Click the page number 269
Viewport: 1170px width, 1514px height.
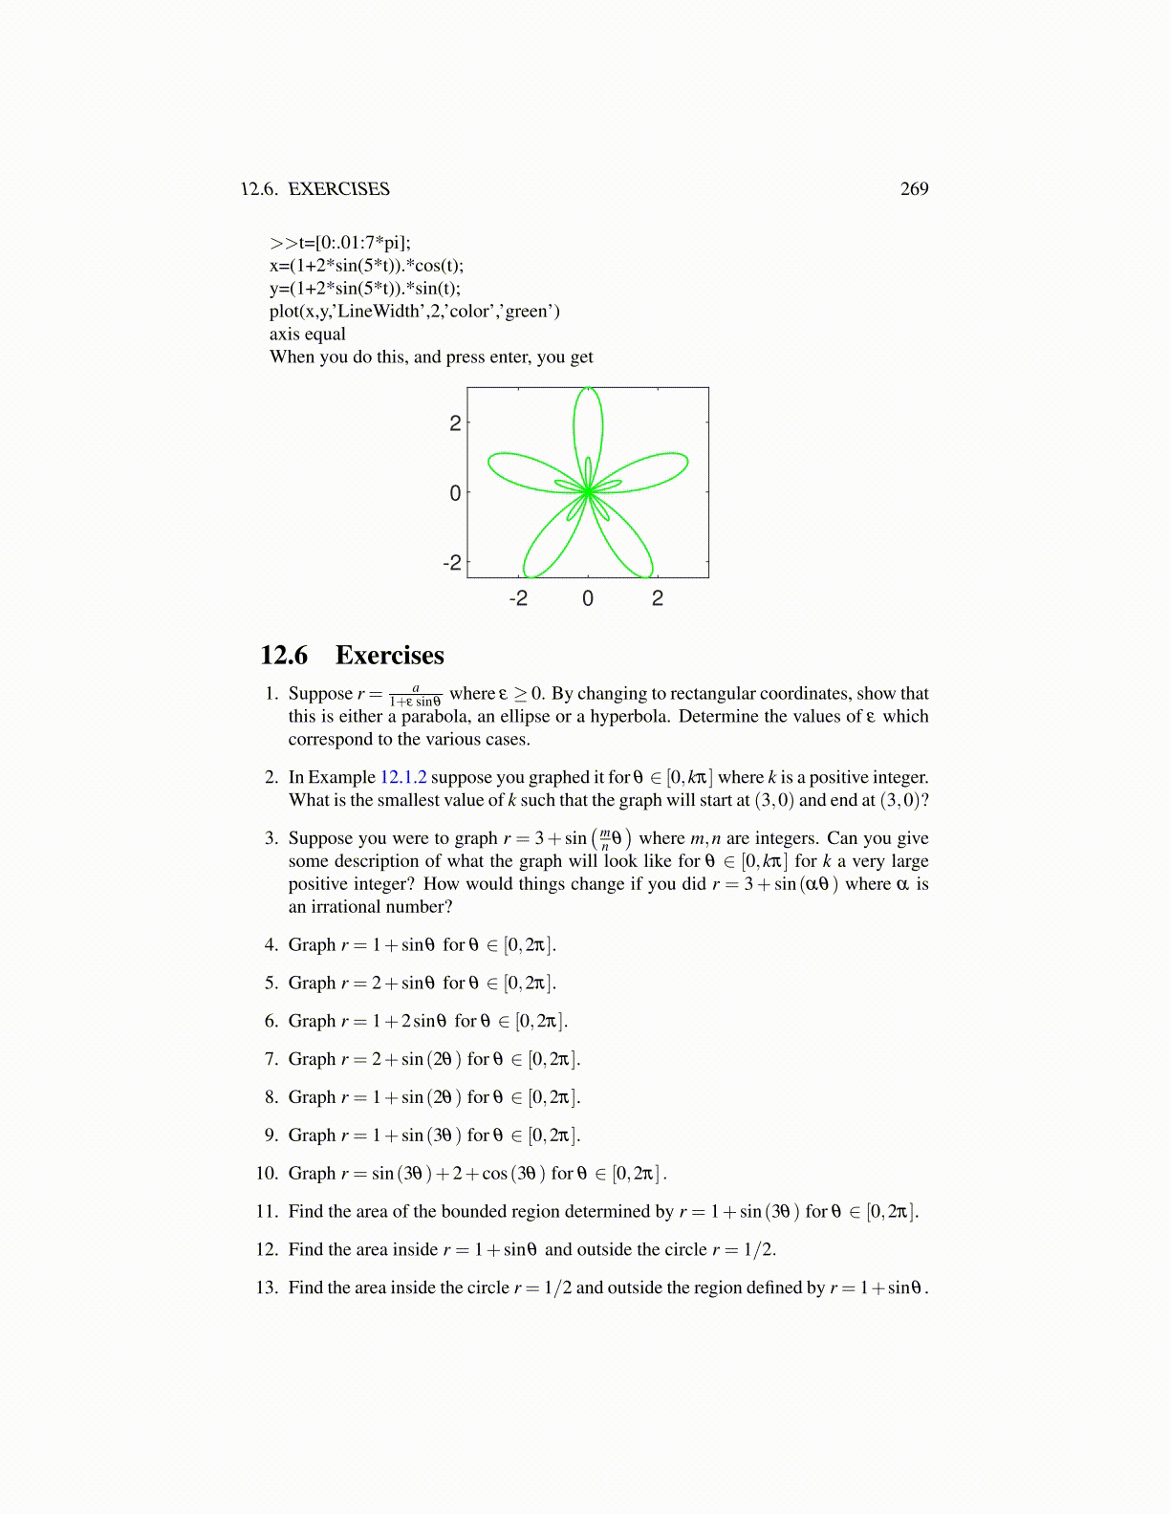[914, 189]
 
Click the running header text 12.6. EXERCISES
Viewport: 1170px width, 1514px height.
[315, 189]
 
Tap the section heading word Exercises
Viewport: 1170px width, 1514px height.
[389, 656]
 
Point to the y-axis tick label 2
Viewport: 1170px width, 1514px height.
[455, 423]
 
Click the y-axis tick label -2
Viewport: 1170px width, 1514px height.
[452, 563]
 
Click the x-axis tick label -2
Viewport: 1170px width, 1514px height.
[517, 599]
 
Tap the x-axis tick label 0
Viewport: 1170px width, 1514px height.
[588, 599]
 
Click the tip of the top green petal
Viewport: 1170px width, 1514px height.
[588, 389]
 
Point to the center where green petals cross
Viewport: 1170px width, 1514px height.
[588, 492]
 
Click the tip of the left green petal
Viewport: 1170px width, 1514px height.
[490, 463]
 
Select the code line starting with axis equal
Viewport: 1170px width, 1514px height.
[308, 335]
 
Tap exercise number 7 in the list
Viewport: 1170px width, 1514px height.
[271, 1059]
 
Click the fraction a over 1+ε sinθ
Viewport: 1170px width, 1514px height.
[415, 695]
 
